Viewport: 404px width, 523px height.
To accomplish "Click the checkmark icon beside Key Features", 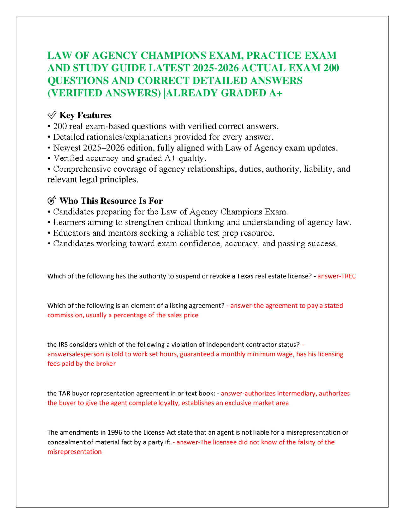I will (x=52, y=115).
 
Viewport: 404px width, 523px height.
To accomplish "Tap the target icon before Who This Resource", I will (x=52, y=201).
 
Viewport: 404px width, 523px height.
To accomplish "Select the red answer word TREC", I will (x=348, y=276).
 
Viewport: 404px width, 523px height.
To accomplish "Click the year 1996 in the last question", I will (x=115, y=432).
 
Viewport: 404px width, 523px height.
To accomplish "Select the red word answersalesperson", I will (x=75, y=354).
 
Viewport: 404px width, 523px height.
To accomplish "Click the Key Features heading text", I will (x=85, y=115).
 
